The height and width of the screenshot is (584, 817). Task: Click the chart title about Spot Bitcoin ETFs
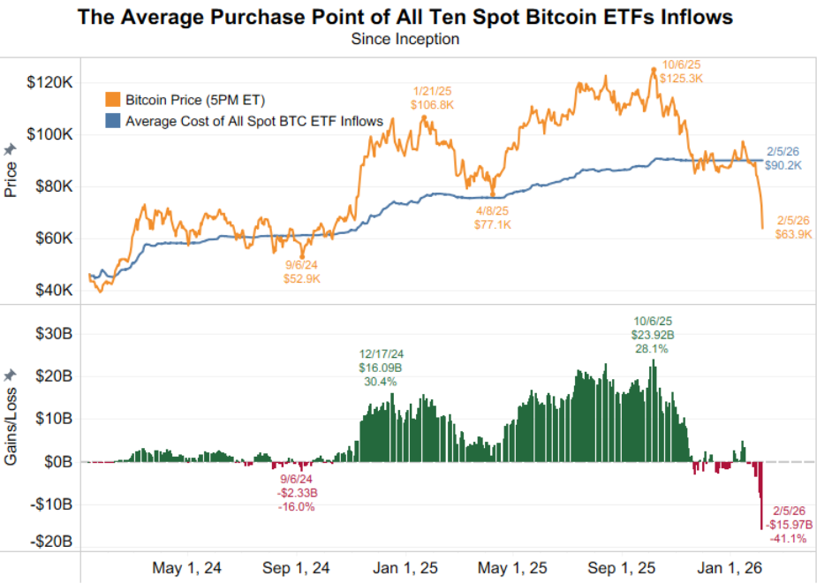tap(405, 17)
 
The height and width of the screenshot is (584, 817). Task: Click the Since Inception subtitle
tap(405, 39)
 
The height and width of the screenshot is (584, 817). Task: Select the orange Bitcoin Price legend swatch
tap(112, 99)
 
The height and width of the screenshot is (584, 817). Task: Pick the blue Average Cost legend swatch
tap(112, 121)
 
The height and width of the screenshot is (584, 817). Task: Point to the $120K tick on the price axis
tap(53, 83)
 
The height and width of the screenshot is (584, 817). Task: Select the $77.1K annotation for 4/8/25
tap(493, 225)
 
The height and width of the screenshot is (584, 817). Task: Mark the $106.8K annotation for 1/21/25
tap(433, 104)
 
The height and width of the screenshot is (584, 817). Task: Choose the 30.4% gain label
tap(381, 382)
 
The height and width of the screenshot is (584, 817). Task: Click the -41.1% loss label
tap(788, 538)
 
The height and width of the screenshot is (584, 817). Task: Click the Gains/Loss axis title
tap(11, 418)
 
